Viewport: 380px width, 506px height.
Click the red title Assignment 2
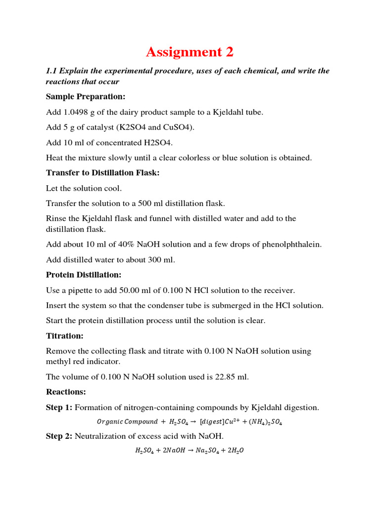click(x=190, y=52)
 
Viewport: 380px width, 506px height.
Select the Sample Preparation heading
click(x=86, y=96)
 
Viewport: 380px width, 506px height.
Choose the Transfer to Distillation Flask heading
click(x=103, y=173)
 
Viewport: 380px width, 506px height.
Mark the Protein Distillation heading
click(x=84, y=275)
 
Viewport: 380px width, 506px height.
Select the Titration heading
click(x=65, y=336)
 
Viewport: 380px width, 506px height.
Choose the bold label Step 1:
click(x=59, y=408)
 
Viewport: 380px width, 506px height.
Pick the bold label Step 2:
click(x=59, y=436)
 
